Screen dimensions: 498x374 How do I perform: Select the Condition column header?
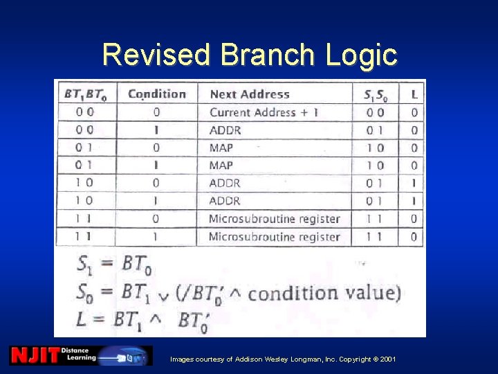coord(157,94)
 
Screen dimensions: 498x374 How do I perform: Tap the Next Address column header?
coord(249,94)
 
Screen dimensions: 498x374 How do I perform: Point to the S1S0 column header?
coord(376,94)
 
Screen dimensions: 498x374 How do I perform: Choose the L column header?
coord(414,94)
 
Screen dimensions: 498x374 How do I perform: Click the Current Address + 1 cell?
coord(264,112)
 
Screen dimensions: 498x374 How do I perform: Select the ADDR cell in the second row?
coord(225,130)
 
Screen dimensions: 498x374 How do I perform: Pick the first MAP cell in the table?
coord(221,148)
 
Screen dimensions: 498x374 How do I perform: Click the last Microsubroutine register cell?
coord(274,237)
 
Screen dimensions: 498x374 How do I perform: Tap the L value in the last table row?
coord(414,237)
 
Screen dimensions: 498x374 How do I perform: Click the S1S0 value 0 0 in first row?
coord(376,112)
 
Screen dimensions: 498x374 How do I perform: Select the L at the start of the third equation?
coord(82,319)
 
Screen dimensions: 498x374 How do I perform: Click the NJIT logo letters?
coord(34,355)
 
